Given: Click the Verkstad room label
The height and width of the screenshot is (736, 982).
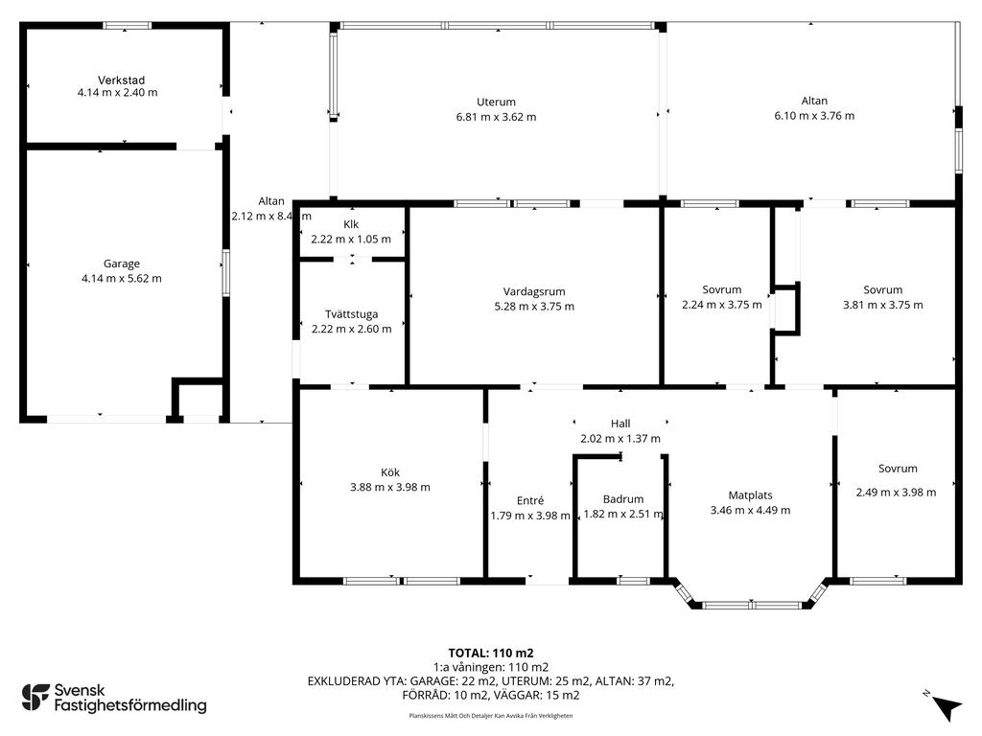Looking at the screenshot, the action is coord(122,80).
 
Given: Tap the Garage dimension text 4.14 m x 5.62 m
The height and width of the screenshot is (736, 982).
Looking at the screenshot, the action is coord(122,279).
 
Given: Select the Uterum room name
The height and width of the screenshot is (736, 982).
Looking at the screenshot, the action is coord(496,102).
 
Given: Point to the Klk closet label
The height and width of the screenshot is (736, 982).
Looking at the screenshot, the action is coord(351,224).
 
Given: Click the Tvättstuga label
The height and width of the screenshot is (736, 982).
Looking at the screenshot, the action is coord(351,314).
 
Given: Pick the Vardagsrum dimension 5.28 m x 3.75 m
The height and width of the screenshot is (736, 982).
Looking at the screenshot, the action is coord(534,306).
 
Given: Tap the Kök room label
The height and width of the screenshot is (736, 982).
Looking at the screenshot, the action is coord(390,472).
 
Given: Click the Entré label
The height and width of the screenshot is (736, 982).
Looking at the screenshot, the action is coord(530,500).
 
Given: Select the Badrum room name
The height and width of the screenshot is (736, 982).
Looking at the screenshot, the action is coord(623,499).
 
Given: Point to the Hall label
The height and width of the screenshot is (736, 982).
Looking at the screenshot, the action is coord(620,424).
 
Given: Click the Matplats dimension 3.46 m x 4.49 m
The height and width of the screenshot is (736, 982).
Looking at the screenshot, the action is coord(750,510).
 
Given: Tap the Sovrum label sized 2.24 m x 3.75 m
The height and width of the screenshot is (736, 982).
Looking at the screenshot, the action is coord(722,289).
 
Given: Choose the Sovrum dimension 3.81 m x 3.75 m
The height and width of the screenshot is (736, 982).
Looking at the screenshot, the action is coord(883,305).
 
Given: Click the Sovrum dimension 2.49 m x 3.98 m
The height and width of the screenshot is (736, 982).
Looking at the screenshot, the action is coord(897,493).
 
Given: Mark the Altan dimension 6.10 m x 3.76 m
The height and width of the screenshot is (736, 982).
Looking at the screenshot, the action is coord(814,116).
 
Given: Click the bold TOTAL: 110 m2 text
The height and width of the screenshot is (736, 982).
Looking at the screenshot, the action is coord(491,654).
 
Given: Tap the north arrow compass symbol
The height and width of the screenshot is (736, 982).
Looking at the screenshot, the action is coord(947,707).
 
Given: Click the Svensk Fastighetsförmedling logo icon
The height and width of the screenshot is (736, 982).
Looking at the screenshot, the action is coord(35,698).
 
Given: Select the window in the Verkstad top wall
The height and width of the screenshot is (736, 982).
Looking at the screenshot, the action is coord(128,26).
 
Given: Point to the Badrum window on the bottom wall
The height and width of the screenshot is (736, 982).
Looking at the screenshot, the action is coord(633,581).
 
